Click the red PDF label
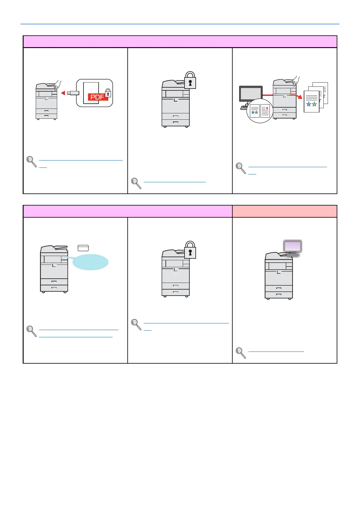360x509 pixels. [98, 97]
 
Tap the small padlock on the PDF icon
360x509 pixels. [108, 93]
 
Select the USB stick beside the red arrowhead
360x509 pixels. [73, 93]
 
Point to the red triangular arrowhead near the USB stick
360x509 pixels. [63, 93]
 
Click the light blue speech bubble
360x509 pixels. [90, 262]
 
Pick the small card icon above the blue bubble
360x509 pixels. [83, 248]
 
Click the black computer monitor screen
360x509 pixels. [250, 94]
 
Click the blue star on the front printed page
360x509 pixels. [309, 104]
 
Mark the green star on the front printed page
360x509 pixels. [314, 104]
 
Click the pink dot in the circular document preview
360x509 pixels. [267, 108]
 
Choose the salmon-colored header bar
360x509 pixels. [284, 211]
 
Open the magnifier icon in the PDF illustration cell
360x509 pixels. [31, 161]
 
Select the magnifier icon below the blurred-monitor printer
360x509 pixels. [241, 353]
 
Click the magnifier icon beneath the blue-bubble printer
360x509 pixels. [31, 331]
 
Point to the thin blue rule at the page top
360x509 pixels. [180, 24]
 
